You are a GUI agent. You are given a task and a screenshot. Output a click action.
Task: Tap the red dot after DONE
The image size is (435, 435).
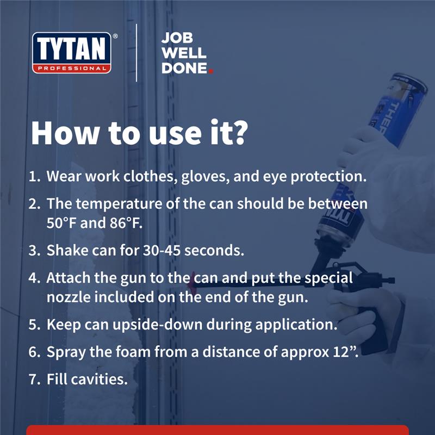(210, 71)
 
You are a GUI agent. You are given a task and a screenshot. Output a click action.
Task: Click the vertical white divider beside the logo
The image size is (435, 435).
(136, 52)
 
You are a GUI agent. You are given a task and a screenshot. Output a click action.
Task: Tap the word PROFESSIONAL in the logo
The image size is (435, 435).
(71, 68)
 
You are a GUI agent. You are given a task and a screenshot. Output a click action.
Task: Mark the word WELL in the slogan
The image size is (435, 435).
(184, 54)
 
